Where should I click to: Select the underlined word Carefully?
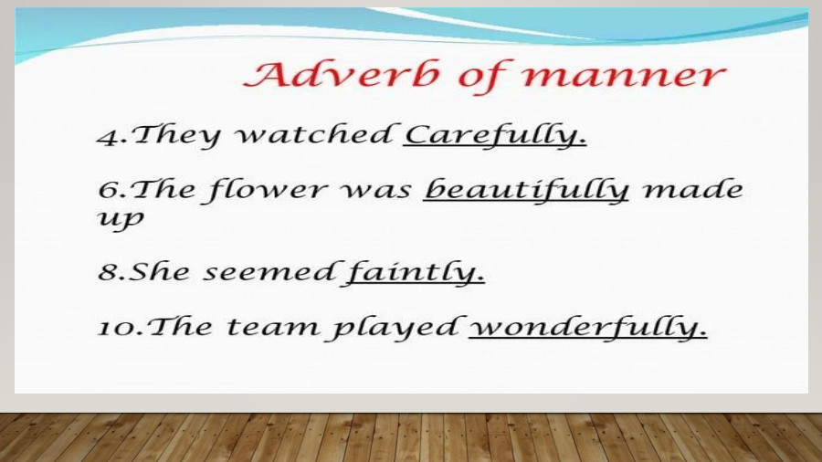click(x=495, y=136)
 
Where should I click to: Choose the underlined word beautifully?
click(x=527, y=190)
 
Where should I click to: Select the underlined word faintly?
click(x=414, y=273)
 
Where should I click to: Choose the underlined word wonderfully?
click(x=587, y=327)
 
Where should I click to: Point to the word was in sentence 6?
click(x=378, y=191)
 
